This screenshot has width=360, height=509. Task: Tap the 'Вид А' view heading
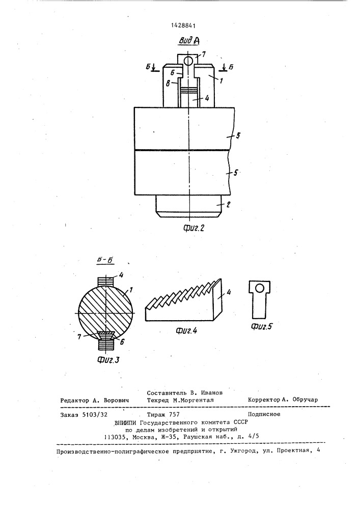point(188,41)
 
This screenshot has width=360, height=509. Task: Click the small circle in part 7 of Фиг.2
point(187,60)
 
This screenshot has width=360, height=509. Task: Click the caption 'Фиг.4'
point(186,331)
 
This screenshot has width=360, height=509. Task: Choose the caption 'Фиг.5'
point(261,326)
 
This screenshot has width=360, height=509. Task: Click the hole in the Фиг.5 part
point(259,288)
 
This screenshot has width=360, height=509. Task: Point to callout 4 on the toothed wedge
point(229,293)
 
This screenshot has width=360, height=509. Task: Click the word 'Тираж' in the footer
point(156,414)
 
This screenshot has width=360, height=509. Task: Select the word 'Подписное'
point(264,414)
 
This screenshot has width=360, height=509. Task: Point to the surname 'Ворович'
point(116,400)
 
